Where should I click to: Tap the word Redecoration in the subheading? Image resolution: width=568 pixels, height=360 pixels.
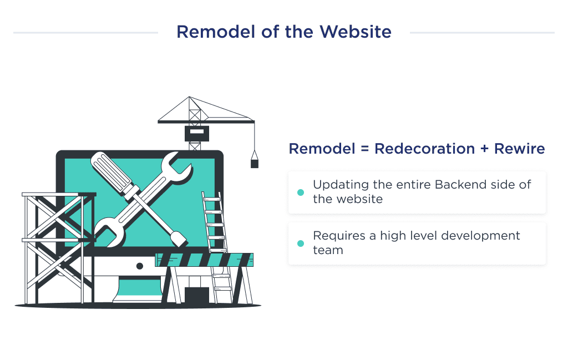point(424,149)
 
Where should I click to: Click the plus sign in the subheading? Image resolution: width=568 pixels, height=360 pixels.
point(484,149)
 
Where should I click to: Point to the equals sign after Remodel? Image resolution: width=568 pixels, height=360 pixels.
point(363,149)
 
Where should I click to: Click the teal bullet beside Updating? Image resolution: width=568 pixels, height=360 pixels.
point(301,192)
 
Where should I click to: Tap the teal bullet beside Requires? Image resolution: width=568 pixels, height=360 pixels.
point(301,244)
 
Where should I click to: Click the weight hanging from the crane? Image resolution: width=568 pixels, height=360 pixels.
point(254,163)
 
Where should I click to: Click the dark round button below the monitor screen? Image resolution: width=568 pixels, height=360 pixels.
point(140,266)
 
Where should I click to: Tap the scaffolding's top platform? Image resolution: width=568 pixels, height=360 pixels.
point(58,195)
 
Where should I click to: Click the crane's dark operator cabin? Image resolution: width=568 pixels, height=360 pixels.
point(196,133)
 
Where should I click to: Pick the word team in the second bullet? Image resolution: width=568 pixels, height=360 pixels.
point(328,250)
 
